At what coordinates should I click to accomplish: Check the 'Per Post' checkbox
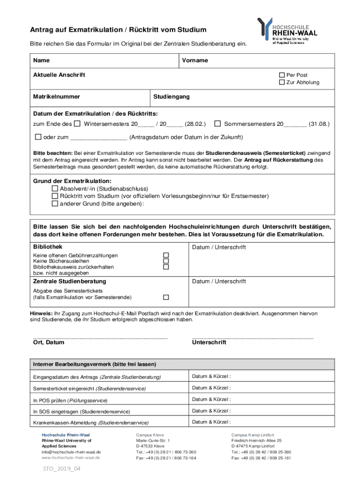281,75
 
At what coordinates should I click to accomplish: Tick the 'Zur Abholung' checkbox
281,82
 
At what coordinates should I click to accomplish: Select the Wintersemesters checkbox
77,124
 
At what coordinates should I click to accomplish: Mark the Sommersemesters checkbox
217,124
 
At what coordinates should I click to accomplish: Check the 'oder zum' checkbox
38,137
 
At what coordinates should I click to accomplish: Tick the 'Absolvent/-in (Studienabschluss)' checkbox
54,189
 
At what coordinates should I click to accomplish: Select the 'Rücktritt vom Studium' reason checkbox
54,196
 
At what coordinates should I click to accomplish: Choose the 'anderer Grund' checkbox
54,203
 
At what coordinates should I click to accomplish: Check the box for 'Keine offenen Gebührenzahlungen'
166,255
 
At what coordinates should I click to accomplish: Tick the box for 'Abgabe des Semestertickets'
166,298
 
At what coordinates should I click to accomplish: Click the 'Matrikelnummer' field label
56,97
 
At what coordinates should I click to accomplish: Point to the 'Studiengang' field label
172,97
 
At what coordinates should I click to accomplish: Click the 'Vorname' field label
195,60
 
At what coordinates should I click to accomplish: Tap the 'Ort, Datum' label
49,342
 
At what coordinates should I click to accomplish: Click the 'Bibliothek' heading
48,247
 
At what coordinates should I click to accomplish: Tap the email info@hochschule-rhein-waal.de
71,452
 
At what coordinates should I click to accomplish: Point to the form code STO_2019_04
62,469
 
